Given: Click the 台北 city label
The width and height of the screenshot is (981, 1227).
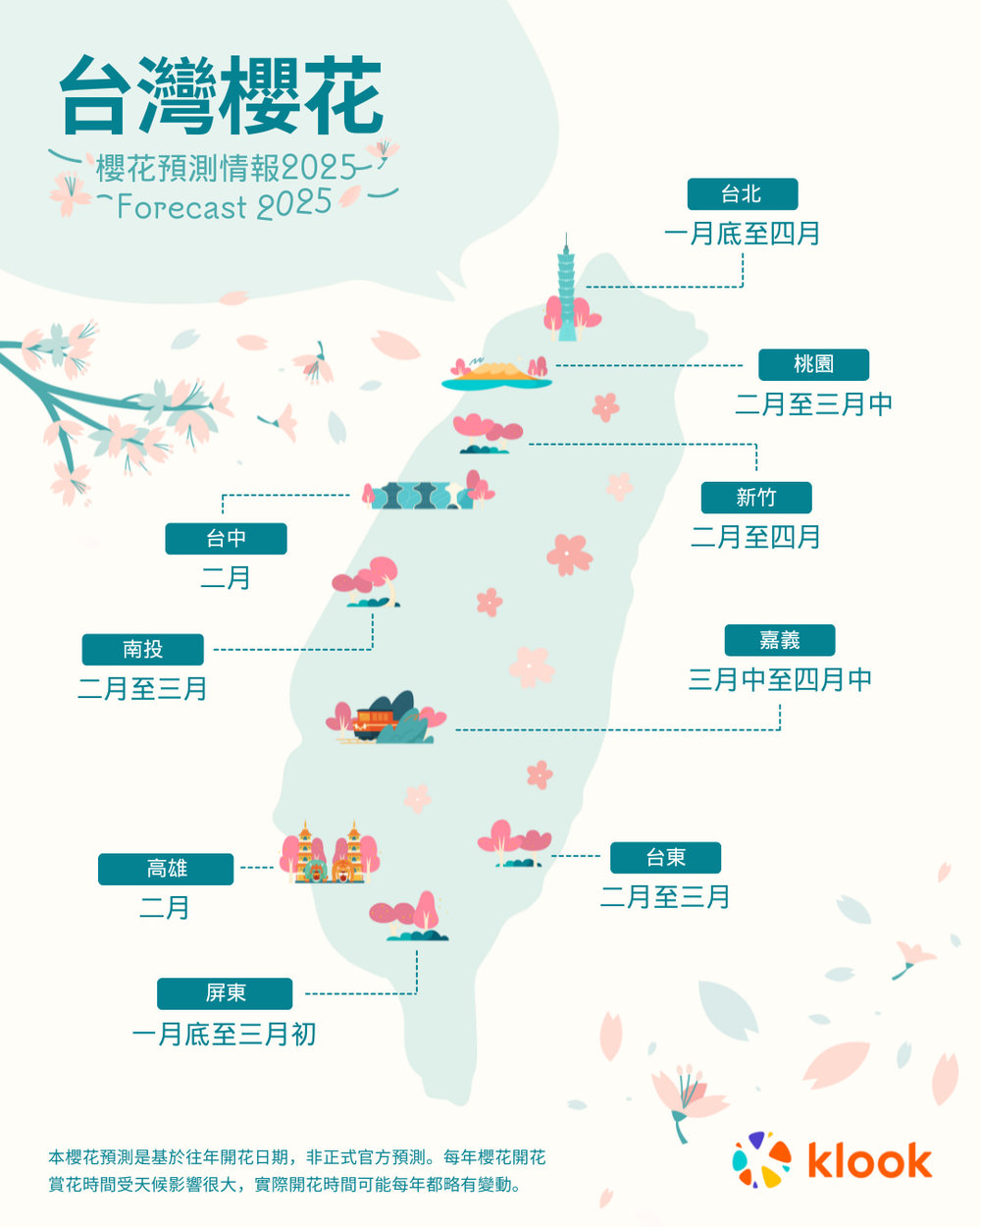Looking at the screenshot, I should (x=742, y=194).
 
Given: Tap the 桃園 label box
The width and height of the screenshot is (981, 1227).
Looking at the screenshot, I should (x=813, y=364).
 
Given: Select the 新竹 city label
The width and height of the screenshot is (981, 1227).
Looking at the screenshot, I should (x=755, y=498).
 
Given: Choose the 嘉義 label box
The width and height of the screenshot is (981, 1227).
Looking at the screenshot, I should (x=779, y=640).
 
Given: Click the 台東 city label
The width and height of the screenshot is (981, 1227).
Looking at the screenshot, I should (x=665, y=857).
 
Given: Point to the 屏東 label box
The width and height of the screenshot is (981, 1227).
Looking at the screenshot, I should (x=225, y=993).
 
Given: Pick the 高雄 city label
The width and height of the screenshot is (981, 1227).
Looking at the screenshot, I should (x=166, y=869).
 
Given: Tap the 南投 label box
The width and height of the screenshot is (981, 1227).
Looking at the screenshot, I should (x=142, y=649).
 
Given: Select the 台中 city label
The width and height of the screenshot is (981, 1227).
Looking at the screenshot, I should (x=226, y=538).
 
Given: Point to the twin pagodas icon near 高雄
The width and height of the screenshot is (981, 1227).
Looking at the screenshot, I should (x=329, y=854).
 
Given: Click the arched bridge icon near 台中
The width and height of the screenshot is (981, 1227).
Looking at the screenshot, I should (x=417, y=495).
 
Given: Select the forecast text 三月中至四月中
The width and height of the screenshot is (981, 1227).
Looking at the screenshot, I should (x=780, y=679).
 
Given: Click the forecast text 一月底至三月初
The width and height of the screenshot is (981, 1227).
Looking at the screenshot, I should (x=224, y=1034).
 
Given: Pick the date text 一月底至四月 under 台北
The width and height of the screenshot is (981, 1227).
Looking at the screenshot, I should (x=742, y=234).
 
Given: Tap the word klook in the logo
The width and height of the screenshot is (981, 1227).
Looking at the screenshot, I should (x=869, y=1160).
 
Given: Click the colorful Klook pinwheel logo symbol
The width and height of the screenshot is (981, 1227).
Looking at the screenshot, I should (x=762, y=1159).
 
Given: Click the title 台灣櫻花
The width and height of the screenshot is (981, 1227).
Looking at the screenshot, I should (x=221, y=95).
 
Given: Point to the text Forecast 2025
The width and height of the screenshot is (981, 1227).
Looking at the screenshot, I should (x=225, y=206).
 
